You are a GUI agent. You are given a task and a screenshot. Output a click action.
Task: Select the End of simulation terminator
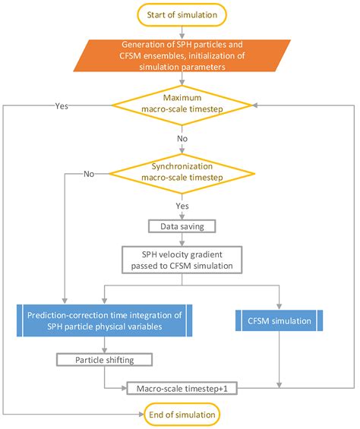click(x=181, y=414)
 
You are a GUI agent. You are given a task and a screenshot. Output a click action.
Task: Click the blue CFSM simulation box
click(x=281, y=321)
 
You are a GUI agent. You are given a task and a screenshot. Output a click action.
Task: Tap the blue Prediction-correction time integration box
click(x=103, y=321)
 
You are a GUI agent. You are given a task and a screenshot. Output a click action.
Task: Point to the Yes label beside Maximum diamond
click(x=62, y=106)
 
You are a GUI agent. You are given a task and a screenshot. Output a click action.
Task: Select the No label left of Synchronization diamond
click(x=89, y=174)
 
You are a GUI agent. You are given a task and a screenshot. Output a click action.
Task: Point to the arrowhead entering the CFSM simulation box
click(x=281, y=305)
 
